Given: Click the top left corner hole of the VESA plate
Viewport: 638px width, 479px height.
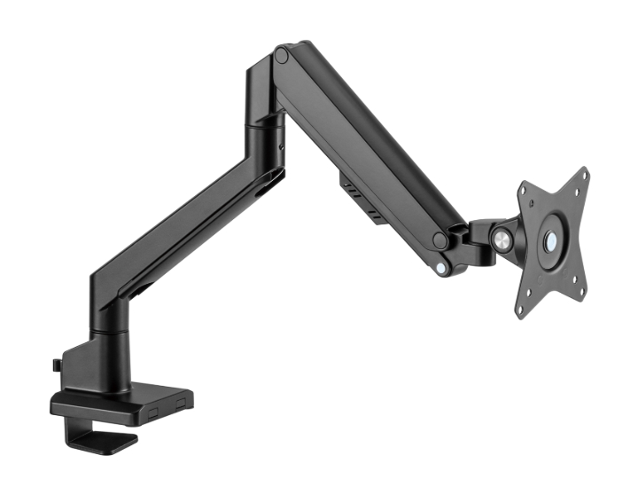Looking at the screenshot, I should [525, 189].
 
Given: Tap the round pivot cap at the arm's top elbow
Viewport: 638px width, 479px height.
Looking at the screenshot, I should [282, 55].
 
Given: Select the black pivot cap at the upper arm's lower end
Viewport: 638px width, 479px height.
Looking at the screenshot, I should [439, 239].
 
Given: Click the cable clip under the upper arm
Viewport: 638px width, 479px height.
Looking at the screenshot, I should [360, 196].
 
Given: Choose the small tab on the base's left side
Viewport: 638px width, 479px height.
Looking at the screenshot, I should [56, 364].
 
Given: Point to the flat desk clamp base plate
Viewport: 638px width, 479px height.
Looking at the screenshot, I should [124, 404].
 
